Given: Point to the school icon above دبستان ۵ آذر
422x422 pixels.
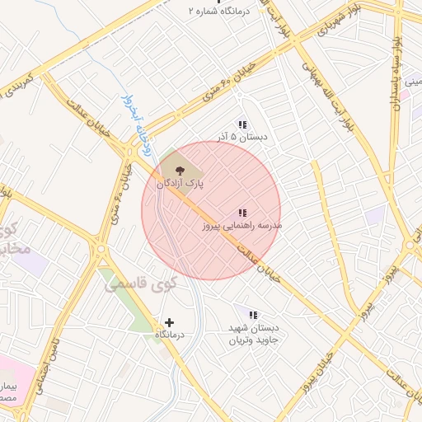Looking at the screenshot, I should [x=241, y=123].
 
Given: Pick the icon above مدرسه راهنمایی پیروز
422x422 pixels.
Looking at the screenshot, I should [x=242, y=212].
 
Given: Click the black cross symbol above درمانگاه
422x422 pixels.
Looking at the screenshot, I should [x=170, y=322].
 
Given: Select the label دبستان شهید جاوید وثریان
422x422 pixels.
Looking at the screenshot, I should [x=254, y=333].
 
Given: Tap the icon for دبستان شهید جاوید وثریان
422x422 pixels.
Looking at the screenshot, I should [x=253, y=314].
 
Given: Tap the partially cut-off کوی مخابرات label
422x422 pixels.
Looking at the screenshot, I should [x=15, y=238].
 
